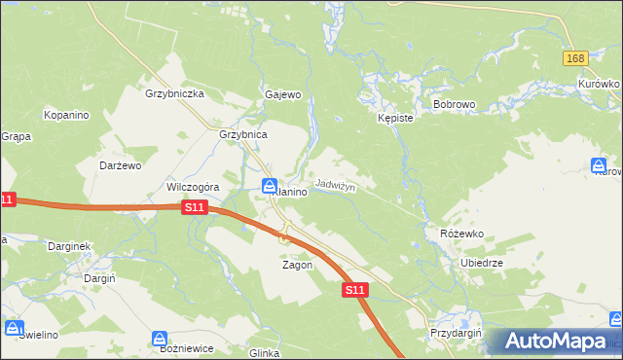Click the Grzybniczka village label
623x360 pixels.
(x=173, y=94)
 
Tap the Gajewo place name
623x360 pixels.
(x=283, y=95)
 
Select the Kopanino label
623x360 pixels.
(x=66, y=115)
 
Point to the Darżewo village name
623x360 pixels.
(x=121, y=165)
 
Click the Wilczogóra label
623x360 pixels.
(x=194, y=187)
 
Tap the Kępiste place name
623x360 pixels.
(x=396, y=117)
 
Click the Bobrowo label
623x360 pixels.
(x=453, y=103)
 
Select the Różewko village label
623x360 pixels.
(x=461, y=234)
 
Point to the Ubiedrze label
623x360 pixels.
(x=481, y=263)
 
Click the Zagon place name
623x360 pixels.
(x=297, y=265)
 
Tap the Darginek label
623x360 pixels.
(x=68, y=246)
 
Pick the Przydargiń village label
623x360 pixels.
(x=457, y=332)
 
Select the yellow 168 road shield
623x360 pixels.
(x=574, y=59)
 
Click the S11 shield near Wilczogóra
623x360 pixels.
(x=195, y=207)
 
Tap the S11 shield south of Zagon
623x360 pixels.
(x=354, y=290)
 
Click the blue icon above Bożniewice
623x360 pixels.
(x=159, y=339)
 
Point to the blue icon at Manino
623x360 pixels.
(x=270, y=186)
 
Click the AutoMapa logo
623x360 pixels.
(x=553, y=341)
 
